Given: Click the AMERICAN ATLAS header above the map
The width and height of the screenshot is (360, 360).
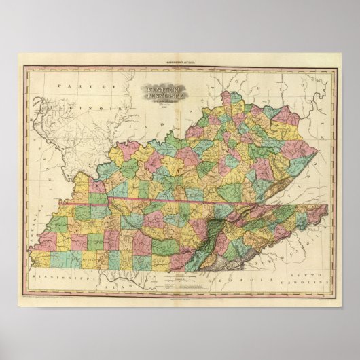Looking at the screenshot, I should tap(179, 63).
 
